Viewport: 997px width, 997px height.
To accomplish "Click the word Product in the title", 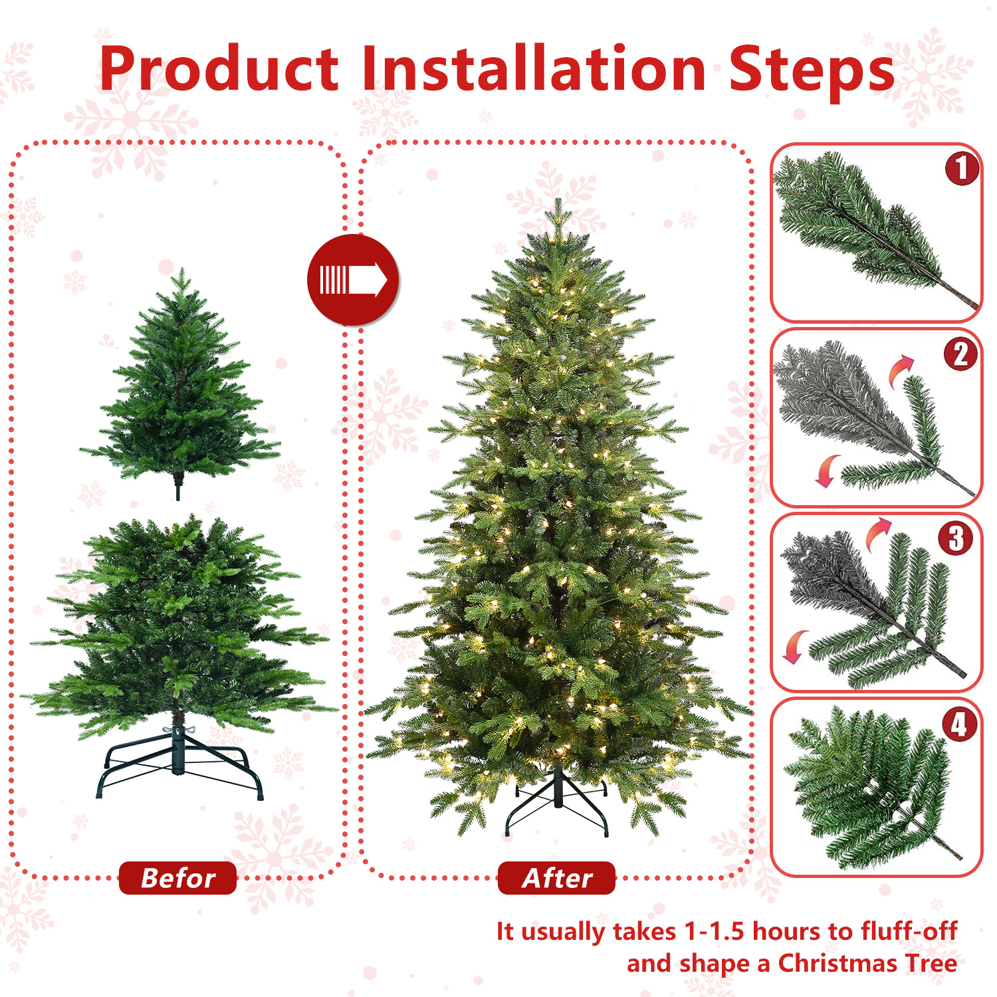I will (219, 70).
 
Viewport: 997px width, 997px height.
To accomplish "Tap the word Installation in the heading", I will (534, 70).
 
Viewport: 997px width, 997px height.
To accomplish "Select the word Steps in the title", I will (812, 70).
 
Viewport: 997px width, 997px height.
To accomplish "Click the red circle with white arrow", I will (353, 280).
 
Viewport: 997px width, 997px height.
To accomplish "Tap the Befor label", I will (177, 878).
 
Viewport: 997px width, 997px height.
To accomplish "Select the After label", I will (556, 878).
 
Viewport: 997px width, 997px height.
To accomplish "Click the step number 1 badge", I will (962, 169).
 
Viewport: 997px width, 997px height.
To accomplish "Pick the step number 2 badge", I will (960, 354).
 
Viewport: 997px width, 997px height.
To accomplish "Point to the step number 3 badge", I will (956, 539).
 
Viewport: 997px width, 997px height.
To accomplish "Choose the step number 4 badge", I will (959, 724).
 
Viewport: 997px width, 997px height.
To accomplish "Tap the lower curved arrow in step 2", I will (827, 471).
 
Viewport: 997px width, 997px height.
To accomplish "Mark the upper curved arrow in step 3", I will (878, 533).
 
